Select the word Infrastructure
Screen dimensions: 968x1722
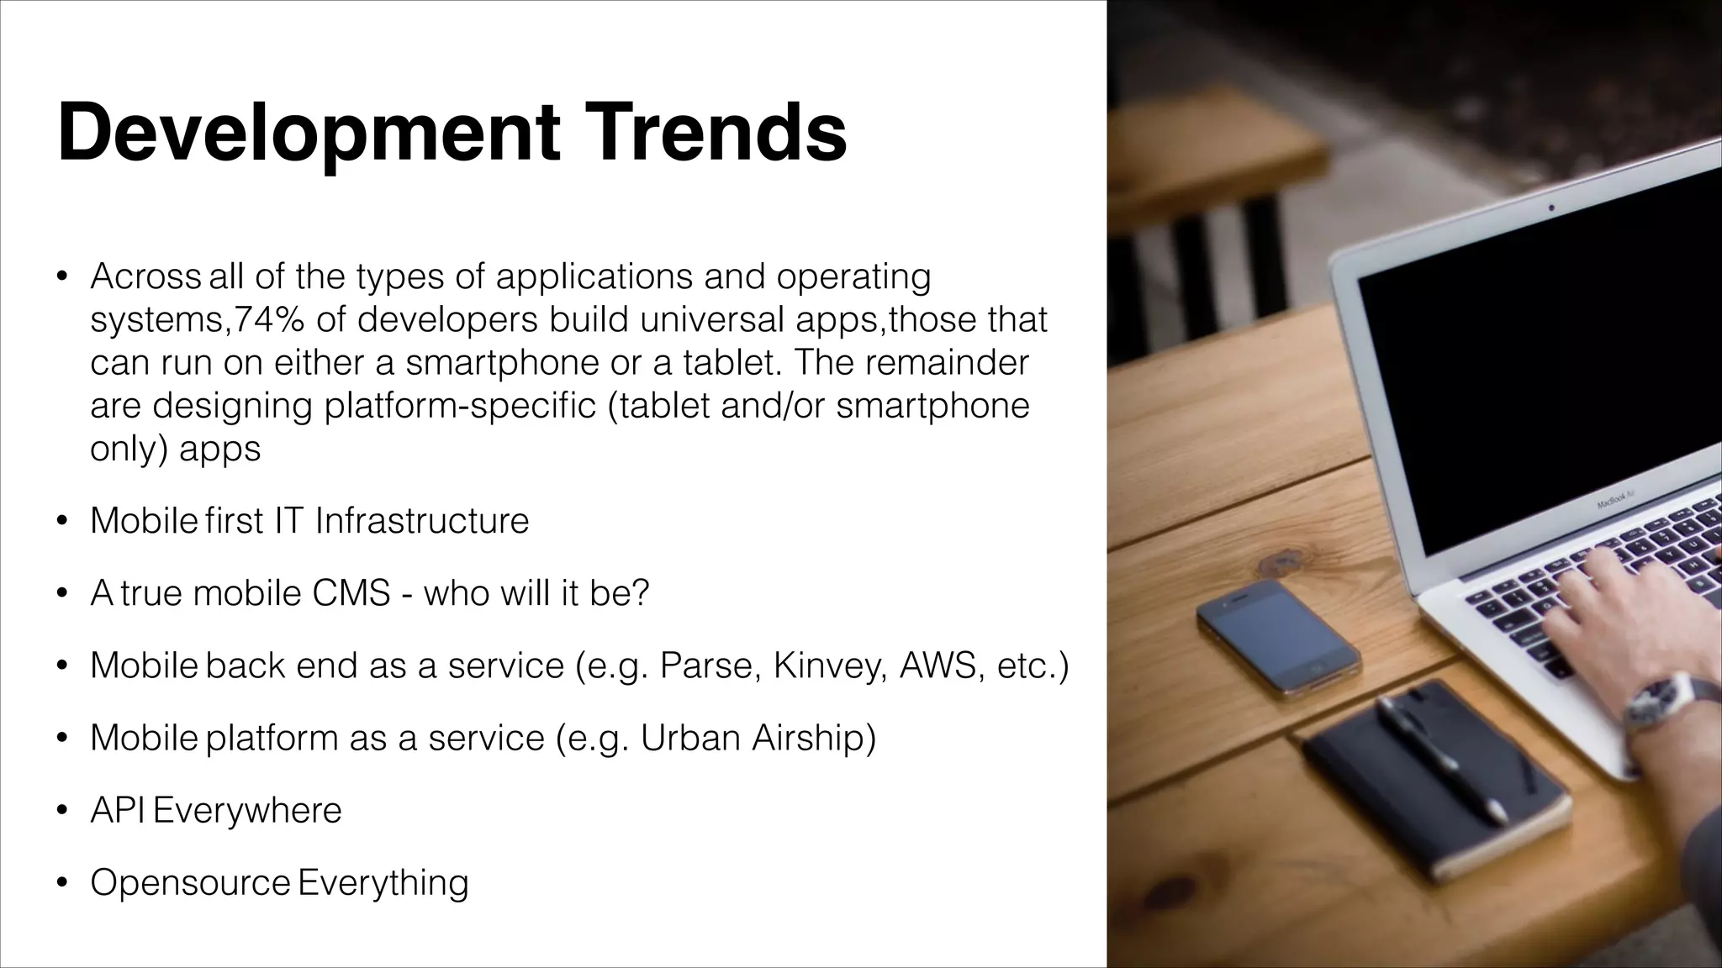tap(422, 521)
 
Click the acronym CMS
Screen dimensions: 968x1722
tap(351, 593)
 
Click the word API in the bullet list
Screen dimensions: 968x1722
tap(117, 810)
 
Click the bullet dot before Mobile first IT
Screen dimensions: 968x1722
tap(61, 522)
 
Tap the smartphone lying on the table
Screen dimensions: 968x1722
tap(1277, 638)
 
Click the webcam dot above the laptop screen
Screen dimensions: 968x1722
tap(1551, 207)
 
